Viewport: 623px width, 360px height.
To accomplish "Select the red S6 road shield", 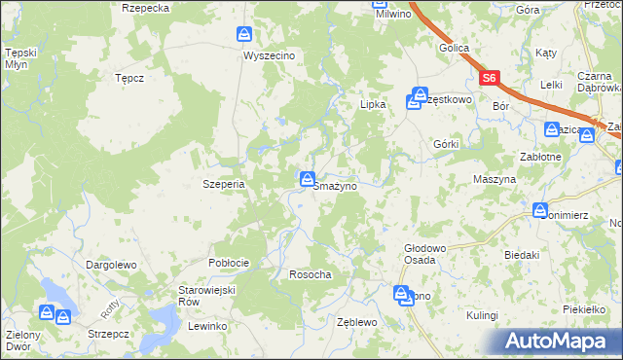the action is tap(489, 78).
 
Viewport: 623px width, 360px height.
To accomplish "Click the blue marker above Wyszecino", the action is tap(243, 35).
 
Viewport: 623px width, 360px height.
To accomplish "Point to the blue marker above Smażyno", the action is tap(307, 178).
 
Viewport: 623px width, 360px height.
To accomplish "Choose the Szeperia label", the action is tap(222, 183).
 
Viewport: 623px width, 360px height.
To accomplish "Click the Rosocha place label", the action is tap(311, 274).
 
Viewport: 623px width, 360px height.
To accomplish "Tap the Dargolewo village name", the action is tap(110, 264).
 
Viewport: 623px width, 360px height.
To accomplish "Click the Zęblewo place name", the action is tap(355, 321).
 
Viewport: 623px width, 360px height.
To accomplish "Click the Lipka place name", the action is tap(374, 103).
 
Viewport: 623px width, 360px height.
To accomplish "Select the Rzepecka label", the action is tap(146, 7).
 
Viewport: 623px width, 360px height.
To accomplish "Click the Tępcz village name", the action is tap(129, 77).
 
